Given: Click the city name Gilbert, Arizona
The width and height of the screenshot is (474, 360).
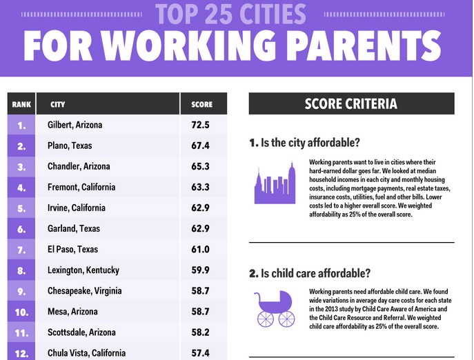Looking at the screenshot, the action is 75,125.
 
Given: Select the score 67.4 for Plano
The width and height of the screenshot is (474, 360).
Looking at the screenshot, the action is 200,146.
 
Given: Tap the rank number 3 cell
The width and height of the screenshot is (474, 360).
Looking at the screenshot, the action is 21,167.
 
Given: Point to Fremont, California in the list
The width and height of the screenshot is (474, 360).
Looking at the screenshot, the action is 81,187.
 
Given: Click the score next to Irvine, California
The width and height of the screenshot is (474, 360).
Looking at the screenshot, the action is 200,208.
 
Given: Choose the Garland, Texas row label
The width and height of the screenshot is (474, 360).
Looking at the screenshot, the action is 73,228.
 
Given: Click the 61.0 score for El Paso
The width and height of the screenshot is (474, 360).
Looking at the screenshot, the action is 200,250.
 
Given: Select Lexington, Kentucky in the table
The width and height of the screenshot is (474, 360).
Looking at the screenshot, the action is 83,270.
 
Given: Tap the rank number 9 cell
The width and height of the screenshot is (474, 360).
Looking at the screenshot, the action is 21,291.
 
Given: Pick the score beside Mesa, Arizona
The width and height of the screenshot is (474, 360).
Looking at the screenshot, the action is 200,312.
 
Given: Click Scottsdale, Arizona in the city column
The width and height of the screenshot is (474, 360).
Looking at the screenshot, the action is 81,332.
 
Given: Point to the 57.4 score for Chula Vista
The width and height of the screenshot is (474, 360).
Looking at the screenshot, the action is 200,353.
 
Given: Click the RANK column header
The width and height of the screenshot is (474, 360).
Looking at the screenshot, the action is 21,105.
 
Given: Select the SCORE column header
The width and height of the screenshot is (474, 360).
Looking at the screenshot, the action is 201,105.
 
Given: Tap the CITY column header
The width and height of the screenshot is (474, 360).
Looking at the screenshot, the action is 57,105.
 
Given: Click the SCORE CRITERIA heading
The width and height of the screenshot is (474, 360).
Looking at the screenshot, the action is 350,103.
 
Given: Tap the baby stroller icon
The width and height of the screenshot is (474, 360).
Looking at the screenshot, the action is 275,309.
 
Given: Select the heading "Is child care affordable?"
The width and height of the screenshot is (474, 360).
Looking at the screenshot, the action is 315,273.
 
